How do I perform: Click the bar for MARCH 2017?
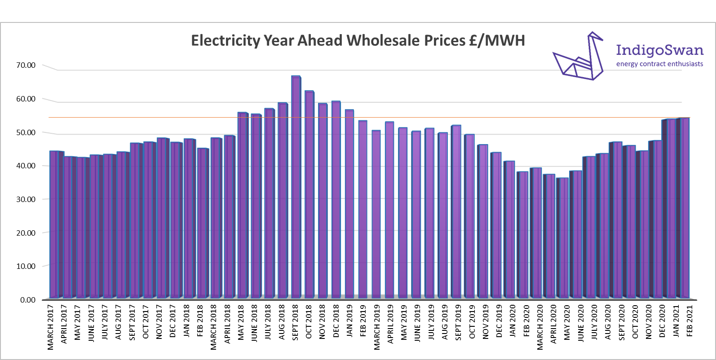coord(54,224)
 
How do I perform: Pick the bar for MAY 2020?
coord(562,238)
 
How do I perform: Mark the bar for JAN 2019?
coord(349,204)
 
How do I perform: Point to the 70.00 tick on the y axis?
coord(26,65)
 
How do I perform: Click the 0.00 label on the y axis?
coord(27,300)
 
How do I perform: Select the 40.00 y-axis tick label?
coord(26,166)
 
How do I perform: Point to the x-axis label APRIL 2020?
coord(554,325)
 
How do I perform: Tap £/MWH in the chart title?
coord(497,40)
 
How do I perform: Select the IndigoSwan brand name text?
coord(659,50)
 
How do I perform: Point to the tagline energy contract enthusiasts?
coord(659,64)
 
